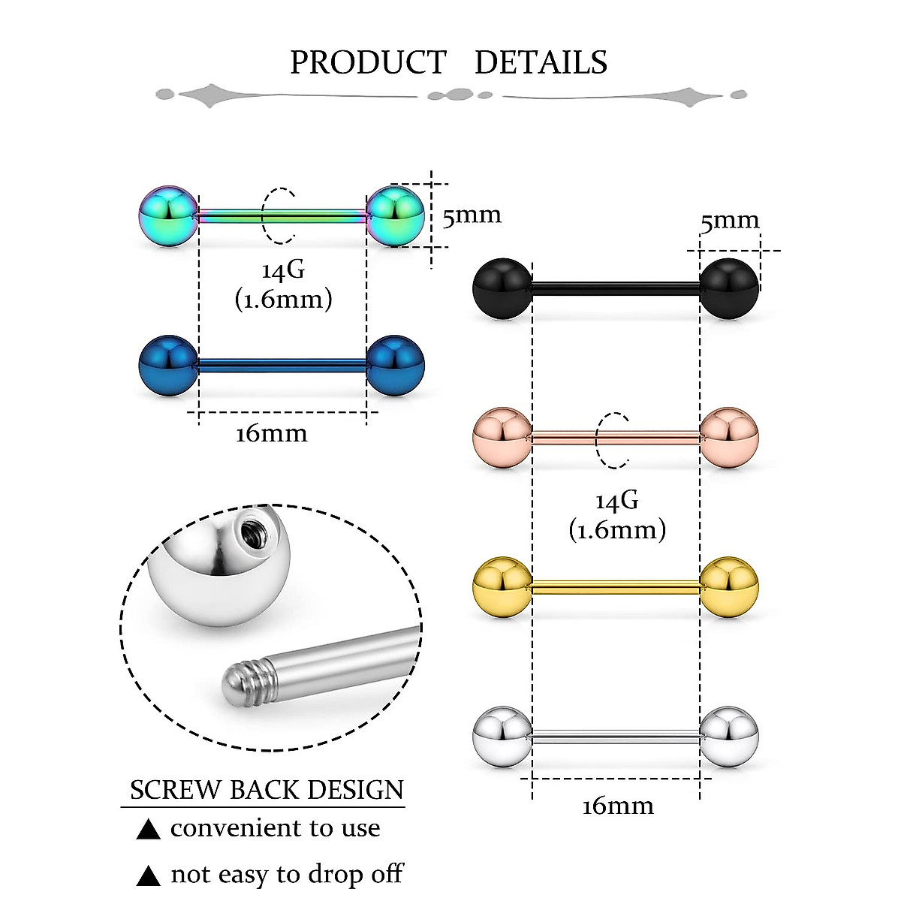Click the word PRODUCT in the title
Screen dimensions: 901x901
[368, 62]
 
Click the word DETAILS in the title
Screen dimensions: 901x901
[541, 62]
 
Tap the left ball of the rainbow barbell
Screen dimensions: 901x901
[168, 216]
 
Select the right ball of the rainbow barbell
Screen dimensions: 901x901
[396, 216]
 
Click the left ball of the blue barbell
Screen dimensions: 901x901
[168, 366]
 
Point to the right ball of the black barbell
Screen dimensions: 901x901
[728, 288]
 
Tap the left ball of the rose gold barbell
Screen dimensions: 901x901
[502, 438]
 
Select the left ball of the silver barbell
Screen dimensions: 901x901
[502, 737]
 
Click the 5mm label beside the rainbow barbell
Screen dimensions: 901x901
[472, 216]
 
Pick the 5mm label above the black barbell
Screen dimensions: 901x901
[730, 221]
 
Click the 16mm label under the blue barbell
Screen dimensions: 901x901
[271, 434]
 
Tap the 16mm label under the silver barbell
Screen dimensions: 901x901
[617, 806]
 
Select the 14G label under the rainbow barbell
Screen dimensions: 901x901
[283, 271]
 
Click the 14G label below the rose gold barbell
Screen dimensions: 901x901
[616, 501]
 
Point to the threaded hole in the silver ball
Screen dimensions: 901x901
[249, 534]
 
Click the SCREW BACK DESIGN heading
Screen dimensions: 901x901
[267, 790]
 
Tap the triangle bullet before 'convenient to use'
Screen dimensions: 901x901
[149, 830]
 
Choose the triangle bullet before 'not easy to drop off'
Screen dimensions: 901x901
[149, 876]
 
